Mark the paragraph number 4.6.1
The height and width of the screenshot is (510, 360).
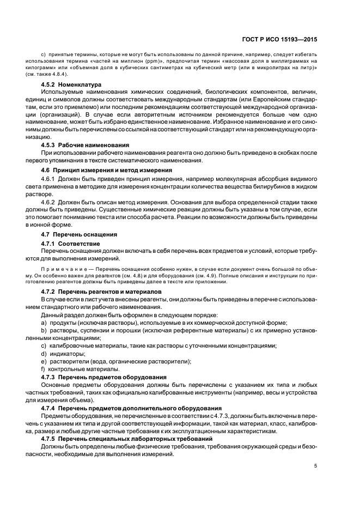pos(48,178)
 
